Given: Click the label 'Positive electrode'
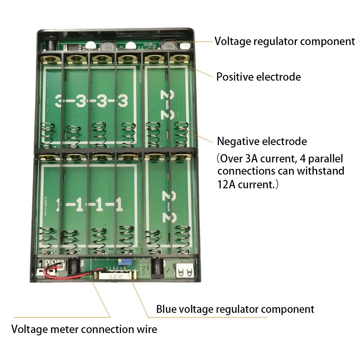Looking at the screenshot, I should tap(258, 77).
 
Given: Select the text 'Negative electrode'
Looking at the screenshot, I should tap(262, 141).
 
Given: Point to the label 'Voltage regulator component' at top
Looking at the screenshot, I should tap(285, 41).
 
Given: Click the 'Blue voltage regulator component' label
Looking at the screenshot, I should tap(235, 309).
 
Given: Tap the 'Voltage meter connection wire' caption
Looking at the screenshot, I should tap(84, 329).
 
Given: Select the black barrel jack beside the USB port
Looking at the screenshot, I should tap(158, 268).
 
